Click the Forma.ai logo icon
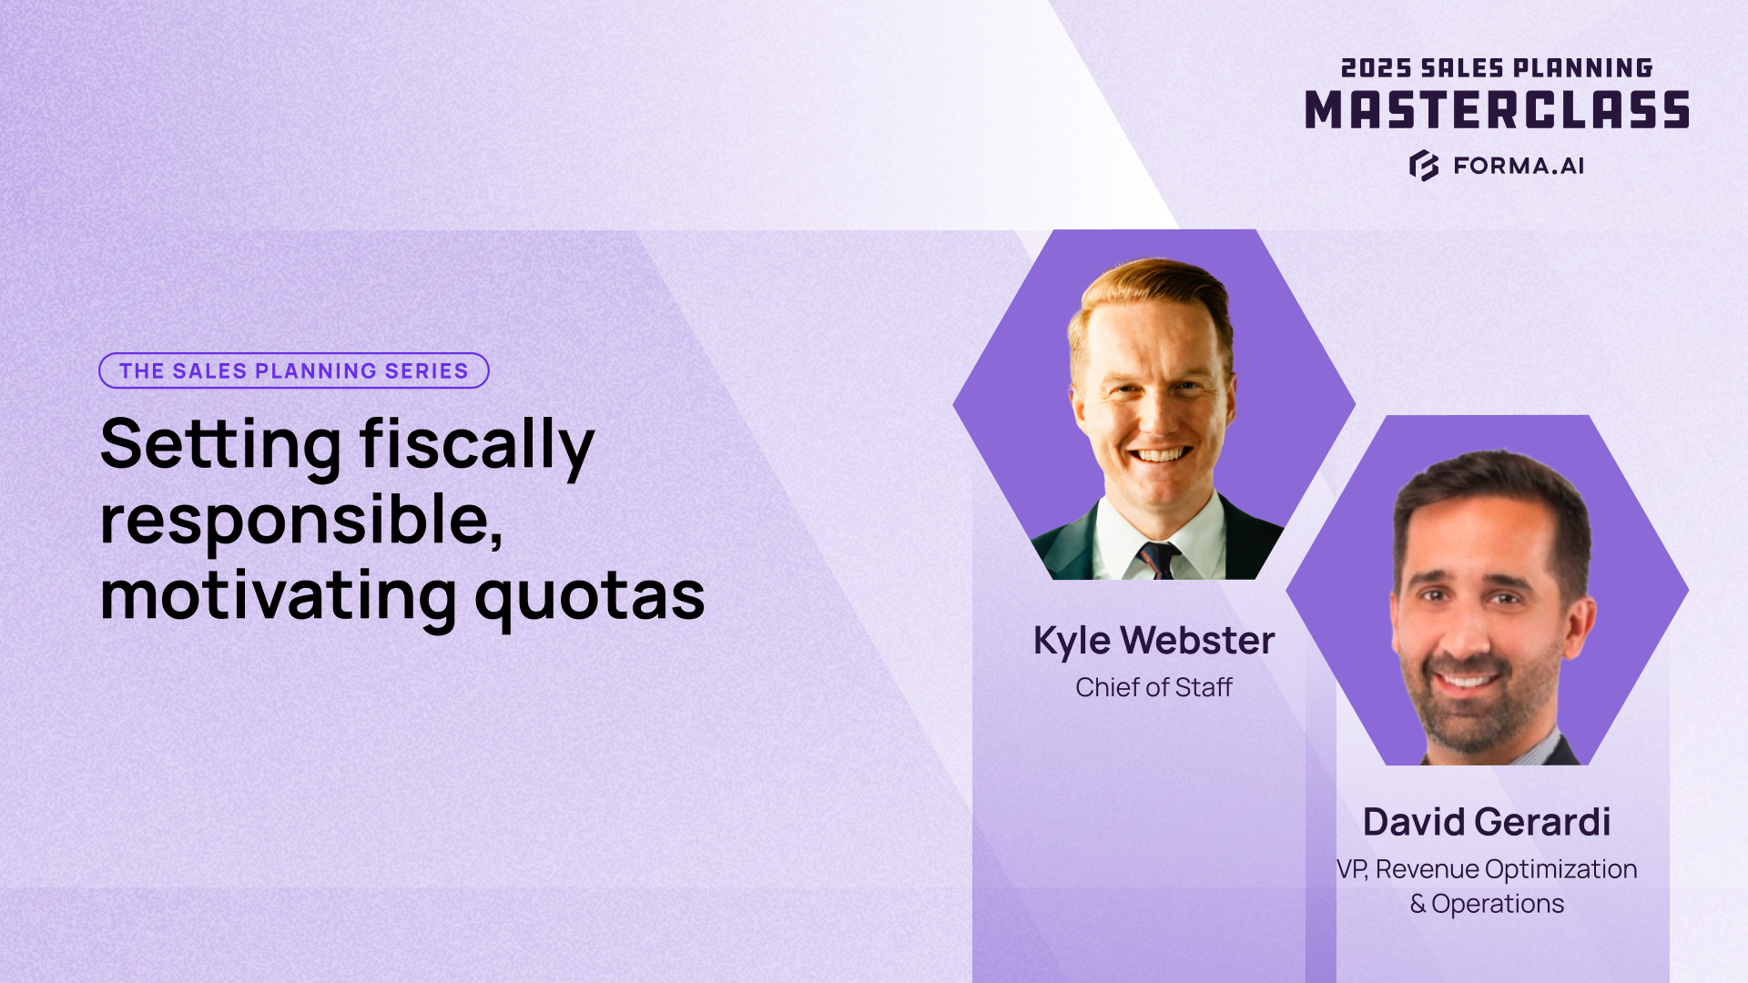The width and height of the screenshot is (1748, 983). (x=1424, y=166)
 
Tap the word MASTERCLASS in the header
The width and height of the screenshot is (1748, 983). (x=1497, y=111)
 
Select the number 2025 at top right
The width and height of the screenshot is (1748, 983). (x=1376, y=68)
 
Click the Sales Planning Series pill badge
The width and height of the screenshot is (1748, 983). (x=293, y=370)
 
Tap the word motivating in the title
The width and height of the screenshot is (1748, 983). (x=278, y=596)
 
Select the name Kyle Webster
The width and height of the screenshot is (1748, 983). (x=1153, y=641)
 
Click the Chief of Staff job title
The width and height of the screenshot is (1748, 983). (x=1153, y=687)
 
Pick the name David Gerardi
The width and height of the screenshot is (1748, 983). (x=1487, y=822)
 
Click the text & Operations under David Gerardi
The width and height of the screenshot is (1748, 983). (x=1487, y=904)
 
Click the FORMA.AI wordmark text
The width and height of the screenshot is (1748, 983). (x=1519, y=166)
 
